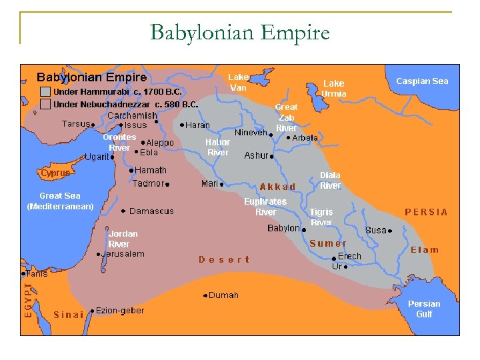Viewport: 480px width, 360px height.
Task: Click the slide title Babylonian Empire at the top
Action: pyautogui.click(x=240, y=32)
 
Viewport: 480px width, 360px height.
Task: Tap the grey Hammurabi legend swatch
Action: pyautogui.click(x=45, y=91)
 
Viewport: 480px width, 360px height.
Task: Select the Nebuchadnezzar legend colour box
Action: pyautogui.click(x=45, y=105)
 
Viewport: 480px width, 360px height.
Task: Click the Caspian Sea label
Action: pyautogui.click(x=422, y=81)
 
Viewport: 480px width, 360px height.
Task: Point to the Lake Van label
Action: pyautogui.click(x=238, y=82)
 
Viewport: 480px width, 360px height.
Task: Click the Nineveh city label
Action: pyautogui.click(x=251, y=133)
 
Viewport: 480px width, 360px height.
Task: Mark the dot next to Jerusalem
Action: pyautogui.click(x=99, y=254)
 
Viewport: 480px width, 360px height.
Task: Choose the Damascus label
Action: pyautogui.click(x=151, y=211)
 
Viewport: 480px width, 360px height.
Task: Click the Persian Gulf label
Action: pyautogui.click(x=424, y=309)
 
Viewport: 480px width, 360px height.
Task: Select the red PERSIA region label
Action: pyautogui.click(x=427, y=213)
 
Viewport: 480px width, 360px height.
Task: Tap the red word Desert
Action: pyautogui.click(x=224, y=259)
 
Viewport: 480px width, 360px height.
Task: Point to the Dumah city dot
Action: pyautogui.click(x=205, y=295)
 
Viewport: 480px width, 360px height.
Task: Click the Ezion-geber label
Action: pyautogui.click(x=120, y=311)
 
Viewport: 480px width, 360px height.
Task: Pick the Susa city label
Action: pyautogui.click(x=376, y=230)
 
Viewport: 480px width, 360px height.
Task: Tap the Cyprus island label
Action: pyautogui.click(x=55, y=173)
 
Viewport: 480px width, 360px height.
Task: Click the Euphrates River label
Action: pyautogui.click(x=265, y=207)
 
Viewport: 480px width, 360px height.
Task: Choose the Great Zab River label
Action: pyautogui.click(x=287, y=117)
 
